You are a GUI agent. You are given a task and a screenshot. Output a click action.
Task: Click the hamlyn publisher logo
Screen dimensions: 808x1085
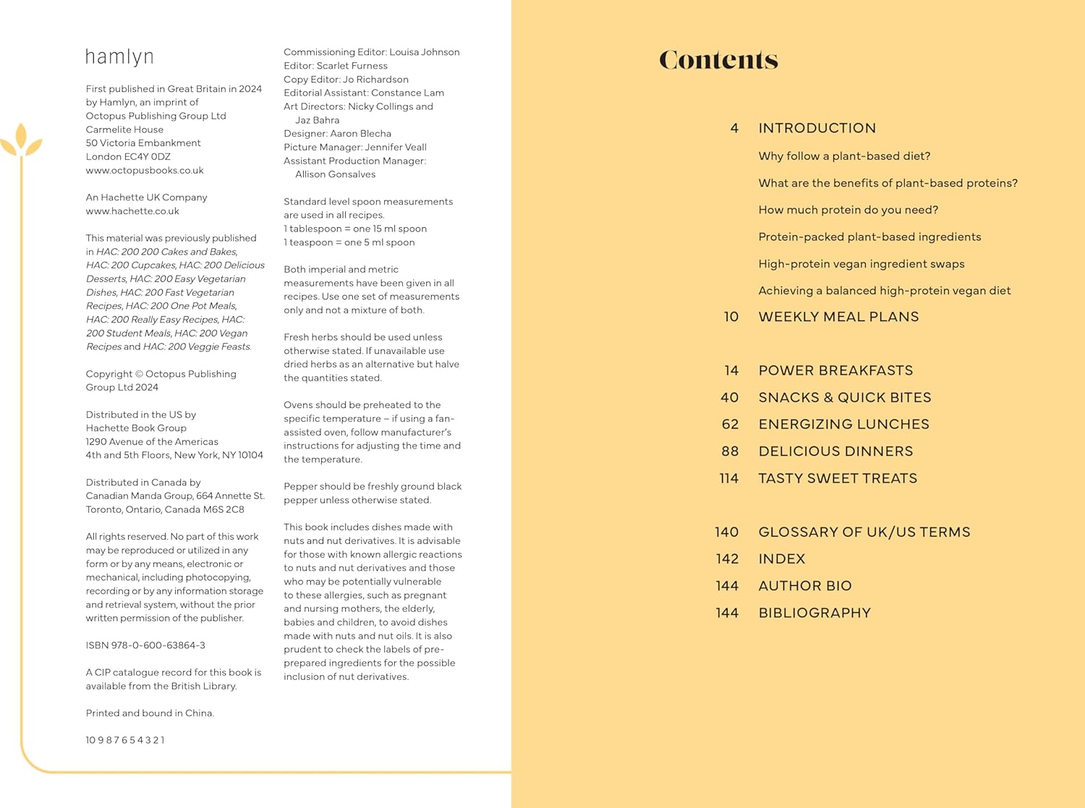(x=119, y=57)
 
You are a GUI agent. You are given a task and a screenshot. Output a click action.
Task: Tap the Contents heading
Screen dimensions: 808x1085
(x=718, y=60)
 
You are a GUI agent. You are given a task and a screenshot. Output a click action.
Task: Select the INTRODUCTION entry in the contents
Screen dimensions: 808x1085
(x=817, y=128)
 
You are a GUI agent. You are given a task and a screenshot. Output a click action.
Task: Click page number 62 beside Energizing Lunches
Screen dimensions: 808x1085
(x=730, y=425)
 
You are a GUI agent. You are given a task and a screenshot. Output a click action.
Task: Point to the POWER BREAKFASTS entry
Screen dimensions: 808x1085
(x=835, y=370)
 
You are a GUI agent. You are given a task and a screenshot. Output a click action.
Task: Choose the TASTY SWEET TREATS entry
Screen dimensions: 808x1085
(x=838, y=478)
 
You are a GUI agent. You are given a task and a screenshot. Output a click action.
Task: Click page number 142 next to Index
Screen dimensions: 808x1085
(x=727, y=559)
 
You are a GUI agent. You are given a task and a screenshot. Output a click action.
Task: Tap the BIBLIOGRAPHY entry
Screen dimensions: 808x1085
(x=814, y=613)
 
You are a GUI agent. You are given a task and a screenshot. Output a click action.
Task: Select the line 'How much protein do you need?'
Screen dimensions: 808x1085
(x=848, y=210)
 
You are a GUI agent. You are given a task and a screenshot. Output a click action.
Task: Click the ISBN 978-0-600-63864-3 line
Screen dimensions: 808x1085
(x=145, y=645)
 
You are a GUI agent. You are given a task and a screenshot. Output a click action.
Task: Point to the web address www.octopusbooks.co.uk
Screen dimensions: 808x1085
(x=145, y=171)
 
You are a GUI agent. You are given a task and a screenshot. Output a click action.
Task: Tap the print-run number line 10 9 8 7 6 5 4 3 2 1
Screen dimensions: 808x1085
(x=125, y=740)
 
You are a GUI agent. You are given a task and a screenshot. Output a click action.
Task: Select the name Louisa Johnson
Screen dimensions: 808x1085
(x=425, y=52)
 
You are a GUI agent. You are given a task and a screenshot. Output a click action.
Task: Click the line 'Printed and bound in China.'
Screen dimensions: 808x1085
(x=150, y=713)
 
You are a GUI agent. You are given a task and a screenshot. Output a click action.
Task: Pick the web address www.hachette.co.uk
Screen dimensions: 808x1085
(x=132, y=211)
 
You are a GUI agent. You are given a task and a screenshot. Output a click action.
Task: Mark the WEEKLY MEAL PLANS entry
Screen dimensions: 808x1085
(x=838, y=317)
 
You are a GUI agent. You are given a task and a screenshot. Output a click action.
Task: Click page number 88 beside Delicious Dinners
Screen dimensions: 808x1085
(x=730, y=451)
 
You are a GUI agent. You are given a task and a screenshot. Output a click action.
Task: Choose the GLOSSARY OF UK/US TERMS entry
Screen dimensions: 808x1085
(x=864, y=532)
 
